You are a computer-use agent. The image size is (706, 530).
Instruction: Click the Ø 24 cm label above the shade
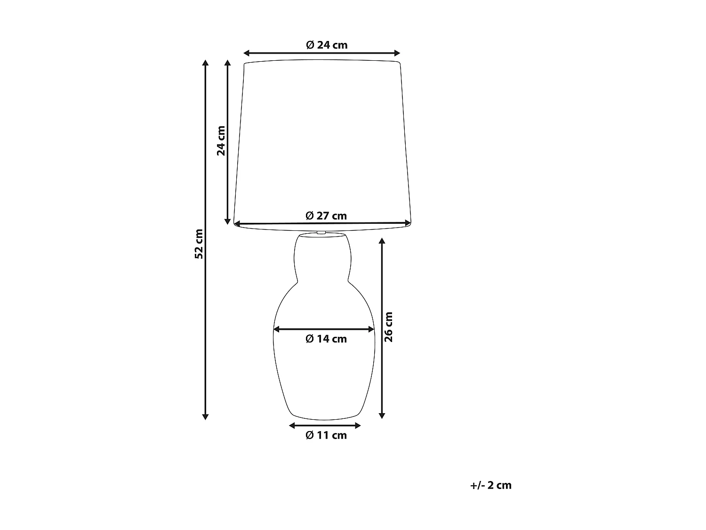click(326, 45)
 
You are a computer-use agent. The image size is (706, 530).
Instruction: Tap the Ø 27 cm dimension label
click(326, 216)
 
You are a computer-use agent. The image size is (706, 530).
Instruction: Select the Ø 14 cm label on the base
click(326, 339)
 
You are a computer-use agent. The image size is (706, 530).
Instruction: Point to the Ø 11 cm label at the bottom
click(326, 435)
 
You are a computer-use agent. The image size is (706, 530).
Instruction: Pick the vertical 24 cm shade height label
click(221, 140)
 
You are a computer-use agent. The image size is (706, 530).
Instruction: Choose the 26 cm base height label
click(388, 327)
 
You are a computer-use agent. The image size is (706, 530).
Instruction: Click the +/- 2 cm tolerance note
click(490, 485)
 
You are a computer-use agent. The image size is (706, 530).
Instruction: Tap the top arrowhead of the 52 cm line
click(205, 64)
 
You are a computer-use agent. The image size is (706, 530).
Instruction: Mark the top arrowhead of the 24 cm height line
click(228, 64)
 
